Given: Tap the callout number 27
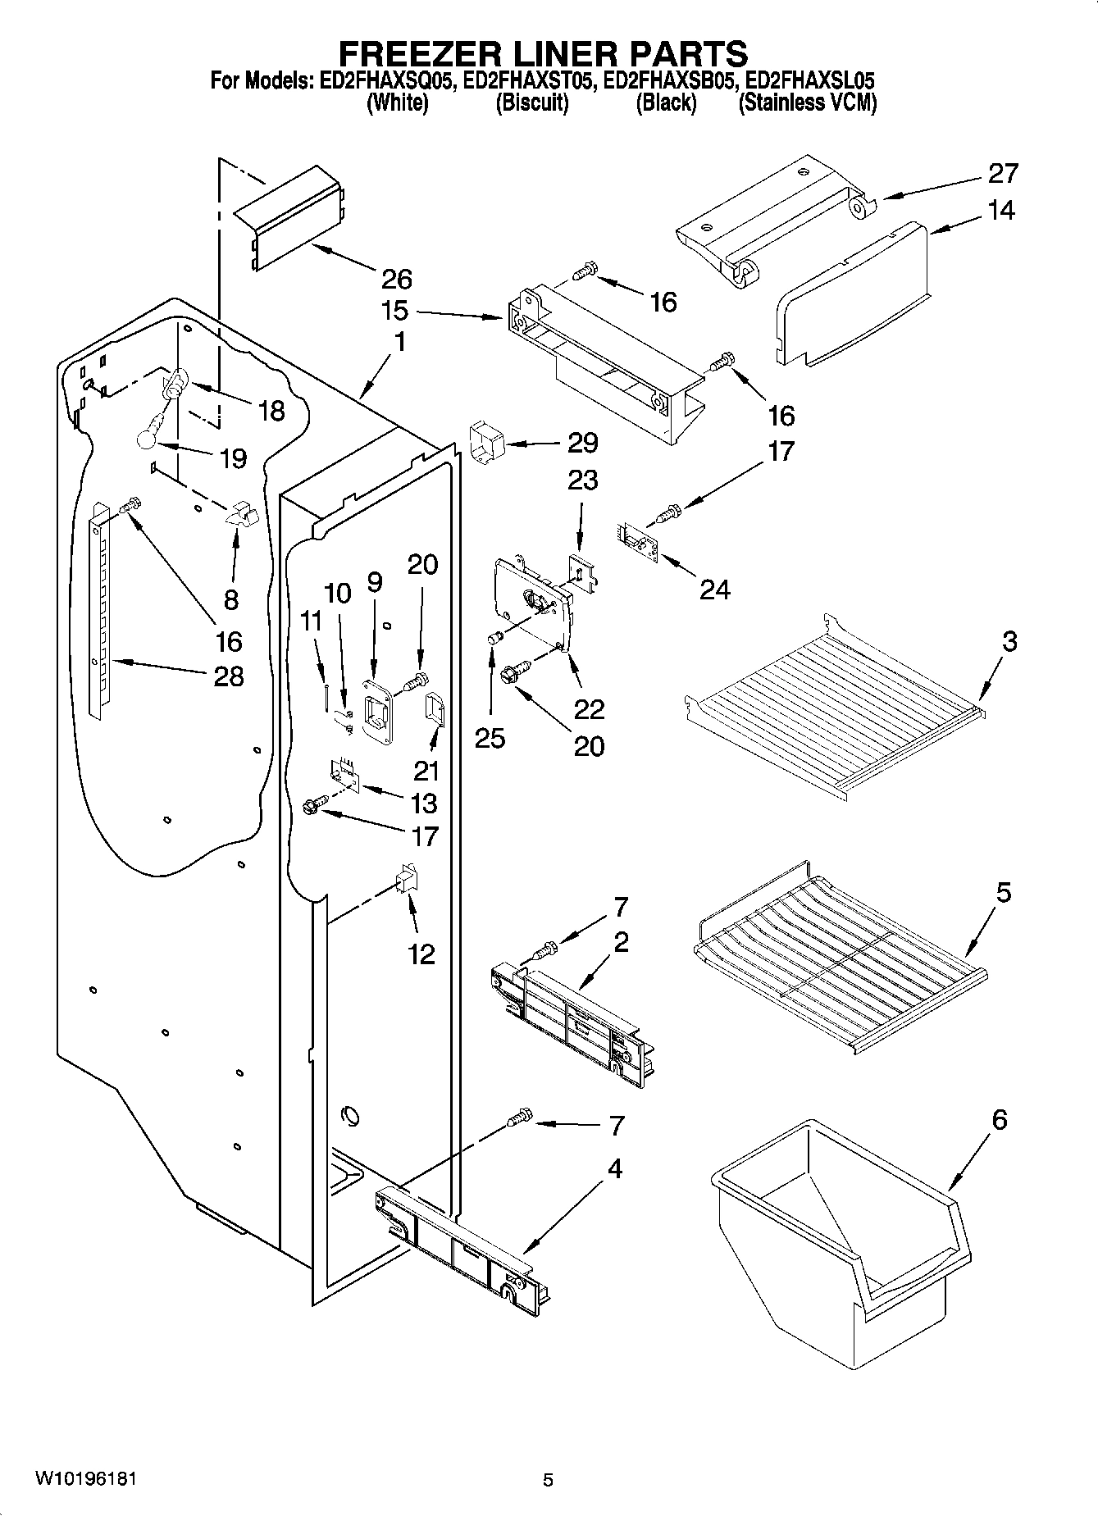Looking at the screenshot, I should [x=1002, y=174].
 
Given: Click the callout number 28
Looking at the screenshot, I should [x=229, y=676].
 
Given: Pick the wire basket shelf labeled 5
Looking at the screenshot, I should [x=836, y=955].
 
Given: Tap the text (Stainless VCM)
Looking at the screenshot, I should [x=807, y=103].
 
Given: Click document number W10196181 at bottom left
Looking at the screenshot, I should [x=85, y=1479].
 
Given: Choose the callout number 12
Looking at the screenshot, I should [x=421, y=954].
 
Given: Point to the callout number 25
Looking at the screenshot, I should [x=490, y=738].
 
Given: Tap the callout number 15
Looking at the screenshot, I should [x=394, y=312].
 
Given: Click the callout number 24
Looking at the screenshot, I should [x=713, y=589].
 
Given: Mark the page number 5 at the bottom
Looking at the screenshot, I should [x=548, y=1479].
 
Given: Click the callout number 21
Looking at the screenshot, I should [x=426, y=771].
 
